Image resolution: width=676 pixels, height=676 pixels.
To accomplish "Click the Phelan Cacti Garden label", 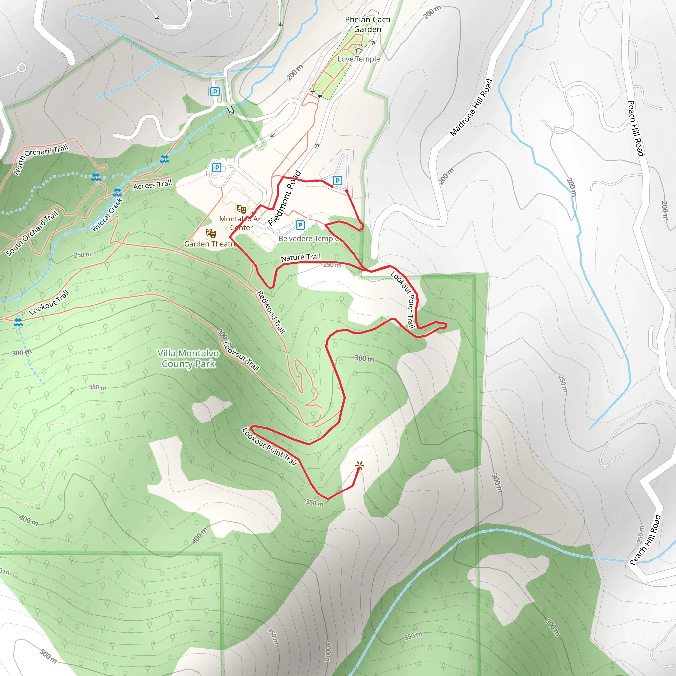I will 367,24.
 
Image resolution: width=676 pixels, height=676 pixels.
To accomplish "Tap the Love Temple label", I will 359,59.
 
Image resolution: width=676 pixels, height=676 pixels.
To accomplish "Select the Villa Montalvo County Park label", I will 188,359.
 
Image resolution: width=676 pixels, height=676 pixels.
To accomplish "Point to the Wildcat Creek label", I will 107,215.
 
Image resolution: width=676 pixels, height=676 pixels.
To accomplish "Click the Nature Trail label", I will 301,257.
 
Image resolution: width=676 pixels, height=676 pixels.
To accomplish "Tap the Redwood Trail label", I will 271,312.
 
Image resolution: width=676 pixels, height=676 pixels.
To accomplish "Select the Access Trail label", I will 152,185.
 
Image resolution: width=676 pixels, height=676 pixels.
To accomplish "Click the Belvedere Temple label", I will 309,239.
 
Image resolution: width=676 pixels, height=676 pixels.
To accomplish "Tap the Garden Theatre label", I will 210,244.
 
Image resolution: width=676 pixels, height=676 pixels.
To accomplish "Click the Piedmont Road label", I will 285,198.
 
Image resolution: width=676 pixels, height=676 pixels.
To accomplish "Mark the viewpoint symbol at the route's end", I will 360,466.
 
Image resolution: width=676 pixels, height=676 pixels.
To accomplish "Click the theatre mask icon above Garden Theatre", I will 211,233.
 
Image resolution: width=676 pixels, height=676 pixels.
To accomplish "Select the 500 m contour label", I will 48,656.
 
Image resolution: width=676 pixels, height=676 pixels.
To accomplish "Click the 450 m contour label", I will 273,636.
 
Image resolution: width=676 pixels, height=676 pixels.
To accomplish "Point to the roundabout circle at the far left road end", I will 22,68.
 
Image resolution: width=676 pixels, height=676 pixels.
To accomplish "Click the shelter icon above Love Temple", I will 358,51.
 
